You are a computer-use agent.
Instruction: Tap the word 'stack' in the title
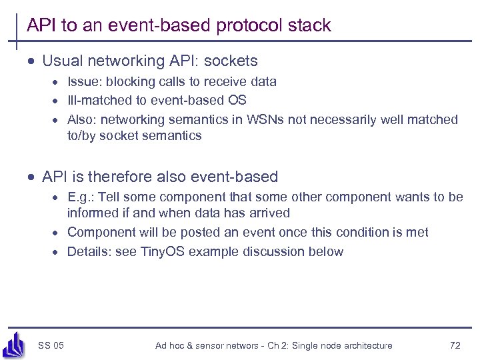(310, 26)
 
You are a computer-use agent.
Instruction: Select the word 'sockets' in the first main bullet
(231, 61)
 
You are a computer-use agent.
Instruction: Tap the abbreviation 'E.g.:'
(81, 197)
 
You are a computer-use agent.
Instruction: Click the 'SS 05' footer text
(51, 345)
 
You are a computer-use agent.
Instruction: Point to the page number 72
(455, 345)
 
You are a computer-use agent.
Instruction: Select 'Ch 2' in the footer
(279, 345)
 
